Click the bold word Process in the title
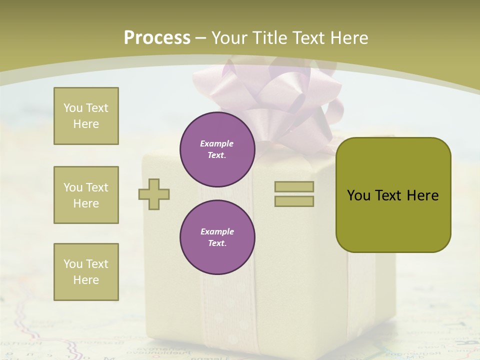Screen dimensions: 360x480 pyautogui.click(x=157, y=38)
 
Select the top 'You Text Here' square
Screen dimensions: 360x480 pyautogui.click(x=86, y=116)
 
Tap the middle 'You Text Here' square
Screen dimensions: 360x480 pyautogui.click(x=86, y=195)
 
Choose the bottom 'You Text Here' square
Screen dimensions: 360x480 pyautogui.click(x=86, y=272)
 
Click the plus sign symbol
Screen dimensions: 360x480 pyautogui.click(x=154, y=194)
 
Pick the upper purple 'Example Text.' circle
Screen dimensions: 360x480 pyautogui.click(x=217, y=149)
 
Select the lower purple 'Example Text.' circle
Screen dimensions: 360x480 pyautogui.click(x=217, y=237)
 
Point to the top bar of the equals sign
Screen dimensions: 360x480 pyautogui.click(x=294, y=186)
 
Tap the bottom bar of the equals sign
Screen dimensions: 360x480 pyautogui.click(x=294, y=201)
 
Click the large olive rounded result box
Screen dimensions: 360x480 pyautogui.click(x=393, y=194)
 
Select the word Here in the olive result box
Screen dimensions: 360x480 pyautogui.click(x=422, y=195)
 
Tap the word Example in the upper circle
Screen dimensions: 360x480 pyautogui.click(x=217, y=143)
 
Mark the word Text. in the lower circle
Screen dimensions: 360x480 pyautogui.click(x=217, y=243)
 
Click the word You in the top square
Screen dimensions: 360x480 pyautogui.click(x=73, y=108)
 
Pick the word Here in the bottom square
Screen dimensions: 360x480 pyautogui.click(x=86, y=280)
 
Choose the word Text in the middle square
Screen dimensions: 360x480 pyautogui.click(x=96, y=187)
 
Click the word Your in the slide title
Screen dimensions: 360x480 pyautogui.click(x=230, y=38)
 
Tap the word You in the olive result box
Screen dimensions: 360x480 pyautogui.click(x=358, y=195)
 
